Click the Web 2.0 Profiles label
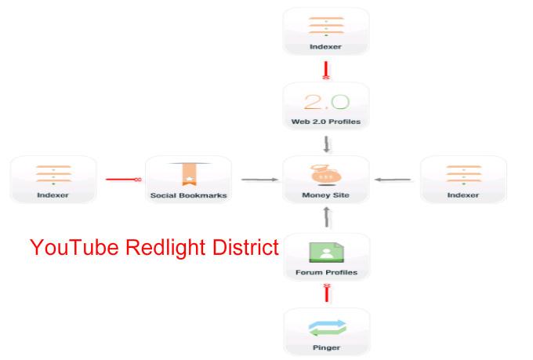click(325, 122)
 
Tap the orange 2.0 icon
click(325, 101)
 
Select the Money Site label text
click(325, 195)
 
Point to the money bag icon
click(325, 173)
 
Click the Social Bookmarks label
click(188, 195)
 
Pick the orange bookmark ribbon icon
click(188, 174)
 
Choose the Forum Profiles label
click(325, 273)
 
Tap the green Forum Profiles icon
click(325, 251)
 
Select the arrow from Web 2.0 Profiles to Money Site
click(325, 144)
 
